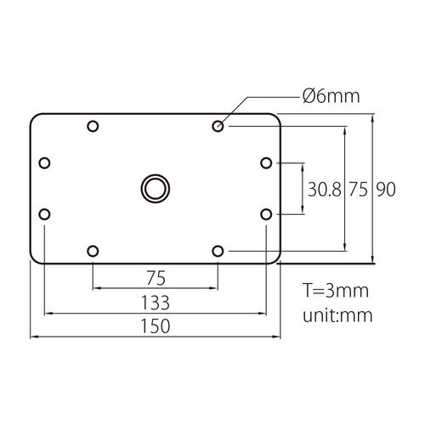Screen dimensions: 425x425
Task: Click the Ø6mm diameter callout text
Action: point(332,97)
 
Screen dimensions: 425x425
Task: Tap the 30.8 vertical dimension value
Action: point(324,189)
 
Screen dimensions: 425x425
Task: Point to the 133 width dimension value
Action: point(156,302)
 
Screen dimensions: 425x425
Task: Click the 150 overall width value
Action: point(156,326)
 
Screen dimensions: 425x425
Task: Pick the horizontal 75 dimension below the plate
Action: point(156,277)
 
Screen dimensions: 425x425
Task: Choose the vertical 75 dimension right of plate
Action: point(358,189)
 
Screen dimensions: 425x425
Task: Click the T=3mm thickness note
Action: point(337,291)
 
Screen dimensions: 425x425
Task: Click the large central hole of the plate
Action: point(156,188)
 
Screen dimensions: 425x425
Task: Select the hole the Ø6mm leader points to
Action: point(218,127)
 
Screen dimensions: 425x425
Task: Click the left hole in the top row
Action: point(93,127)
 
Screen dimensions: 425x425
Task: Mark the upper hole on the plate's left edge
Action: point(44,162)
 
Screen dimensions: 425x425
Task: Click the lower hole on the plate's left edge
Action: point(44,213)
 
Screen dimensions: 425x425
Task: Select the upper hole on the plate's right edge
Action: point(266,162)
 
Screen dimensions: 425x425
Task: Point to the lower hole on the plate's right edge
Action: point(266,213)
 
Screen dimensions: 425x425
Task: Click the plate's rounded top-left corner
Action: point(35,117)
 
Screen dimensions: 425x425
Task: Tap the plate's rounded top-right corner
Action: point(276,117)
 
